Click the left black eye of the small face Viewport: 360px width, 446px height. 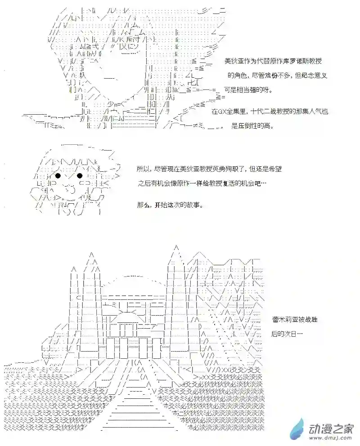pyautogui.click(x=58, y=175)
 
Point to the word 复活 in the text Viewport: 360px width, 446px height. pyautogui.click(x=237, y=184)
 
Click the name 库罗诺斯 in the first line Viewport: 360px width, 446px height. pyautogui.click(x=295, y=61)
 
